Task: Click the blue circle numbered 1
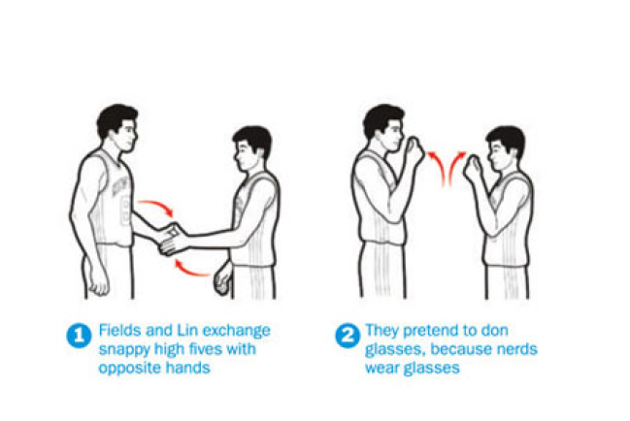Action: [x=79, y=336]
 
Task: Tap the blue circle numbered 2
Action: [x=348, y=336]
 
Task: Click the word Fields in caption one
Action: [x=120, y=330]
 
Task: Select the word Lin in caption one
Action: [x=187, y=330]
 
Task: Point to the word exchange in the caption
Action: [x=237, y=331]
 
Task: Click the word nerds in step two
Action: [x=517, y=349]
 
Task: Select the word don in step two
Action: [x=495, y=330]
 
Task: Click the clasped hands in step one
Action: [x=173, y=240]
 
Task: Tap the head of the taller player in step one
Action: [x=116, y=128]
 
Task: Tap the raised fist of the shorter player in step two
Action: [x=474, y=168]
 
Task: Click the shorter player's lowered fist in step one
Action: [x=222, y=277]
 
